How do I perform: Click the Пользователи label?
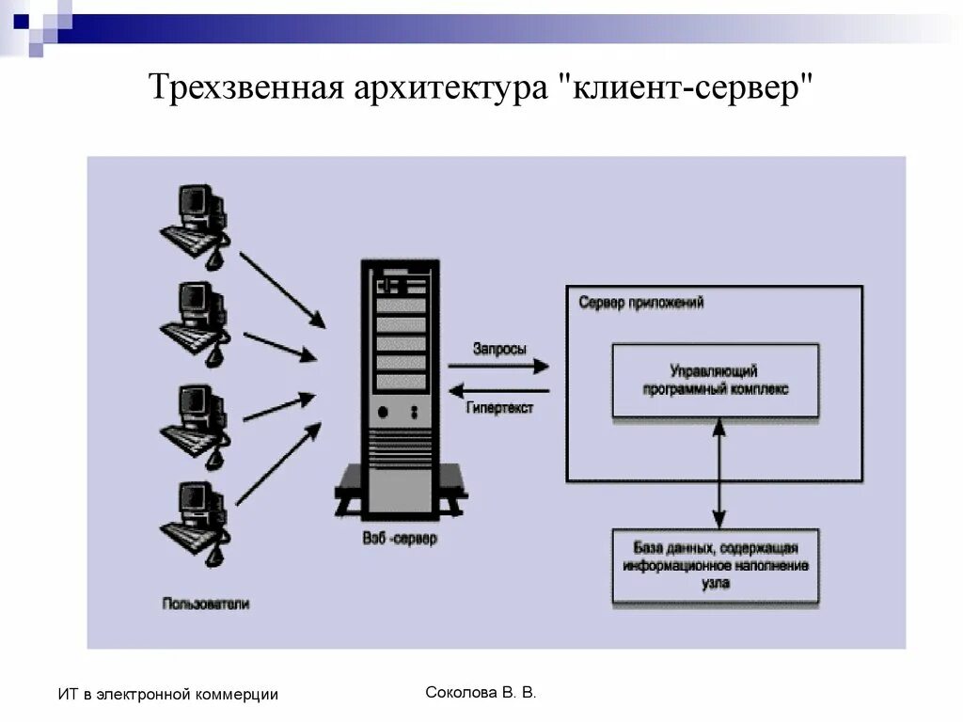pos(206,604)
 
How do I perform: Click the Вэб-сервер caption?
pos(400,540)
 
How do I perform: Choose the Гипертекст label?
pos(499,408)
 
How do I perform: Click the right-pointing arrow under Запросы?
pos(499,366)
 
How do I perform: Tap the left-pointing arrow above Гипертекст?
pos(499,390)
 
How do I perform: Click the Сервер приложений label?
pos(641,304)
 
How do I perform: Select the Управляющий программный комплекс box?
pos(716,380)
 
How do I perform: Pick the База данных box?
pos(716,566)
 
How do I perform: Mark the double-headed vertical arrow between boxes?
pos(719,473)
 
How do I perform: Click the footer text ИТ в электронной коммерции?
pos(168,695)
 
